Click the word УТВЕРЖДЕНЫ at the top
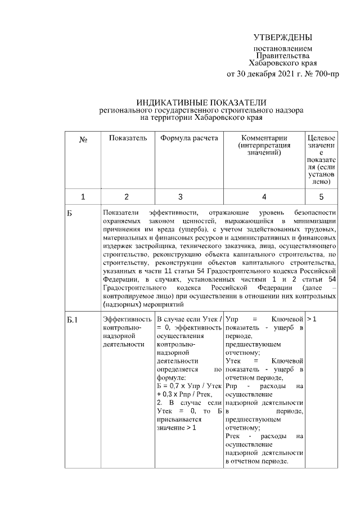[282, 38]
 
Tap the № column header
[82, 138]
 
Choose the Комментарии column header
[264, 138]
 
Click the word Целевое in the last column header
[322, 138]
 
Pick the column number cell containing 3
[180, 197]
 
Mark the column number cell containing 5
[322, 197]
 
